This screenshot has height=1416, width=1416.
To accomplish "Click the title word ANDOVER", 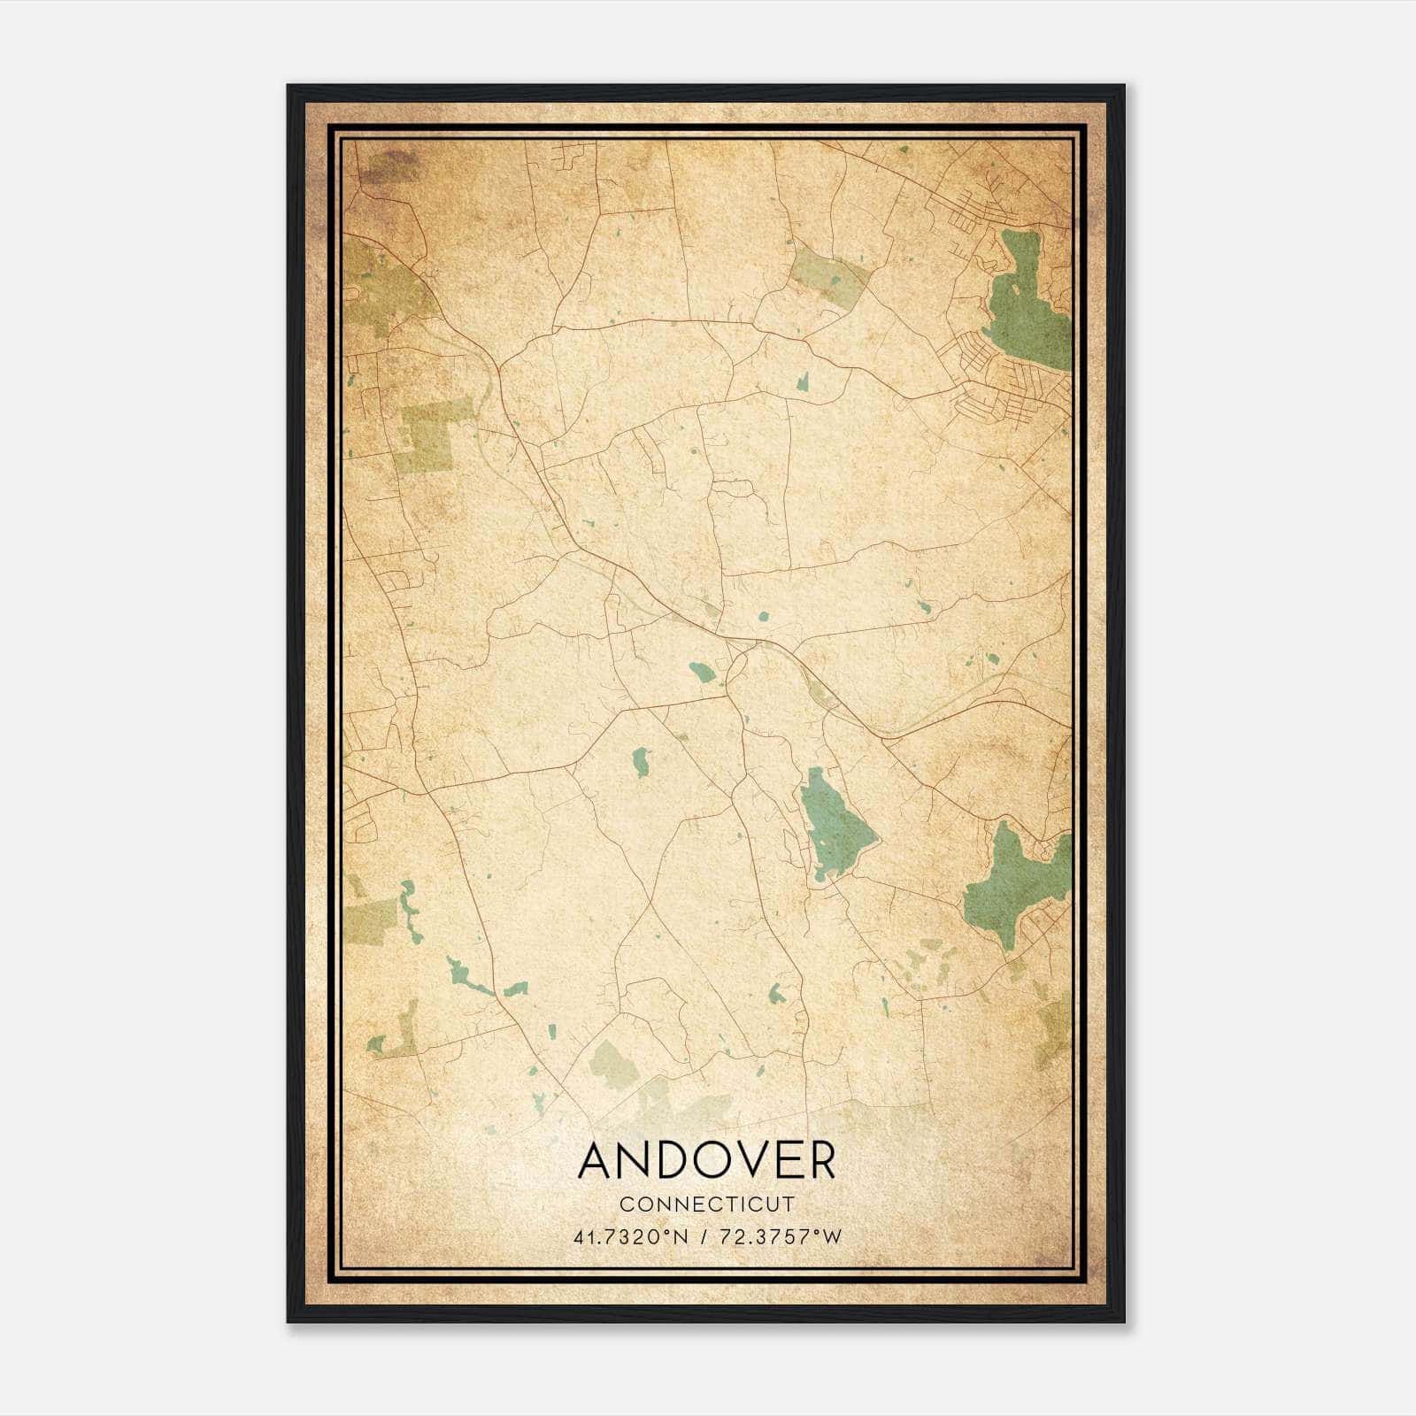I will [706, 1160].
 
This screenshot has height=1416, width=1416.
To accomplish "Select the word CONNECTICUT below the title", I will [707, 1204].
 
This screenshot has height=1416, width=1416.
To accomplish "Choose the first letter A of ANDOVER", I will [596, 1160].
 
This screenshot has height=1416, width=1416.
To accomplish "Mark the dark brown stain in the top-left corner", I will [389, 166].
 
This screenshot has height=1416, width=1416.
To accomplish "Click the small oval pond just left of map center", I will [704, 673].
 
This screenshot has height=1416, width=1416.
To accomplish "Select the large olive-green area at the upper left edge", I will [381, 283].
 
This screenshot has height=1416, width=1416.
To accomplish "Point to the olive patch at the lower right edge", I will [1053, 1031].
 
